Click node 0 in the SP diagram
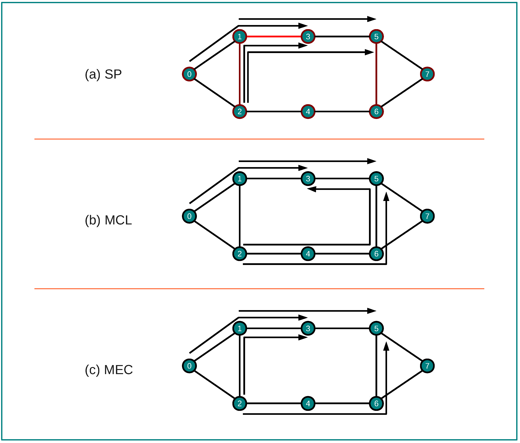(x=189, y=74)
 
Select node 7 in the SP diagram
(x=427, y=74)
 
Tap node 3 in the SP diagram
(x=308, y=37)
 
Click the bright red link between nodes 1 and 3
(x=273, y=37)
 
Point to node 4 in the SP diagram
(x=308, y=112)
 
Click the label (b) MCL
(x=108, y=220)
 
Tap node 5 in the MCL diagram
(x=376, y=179)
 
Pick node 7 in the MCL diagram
(x=427, y=216)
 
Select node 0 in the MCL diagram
(x=189, y=216)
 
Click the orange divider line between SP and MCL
(x=259, y=139)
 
